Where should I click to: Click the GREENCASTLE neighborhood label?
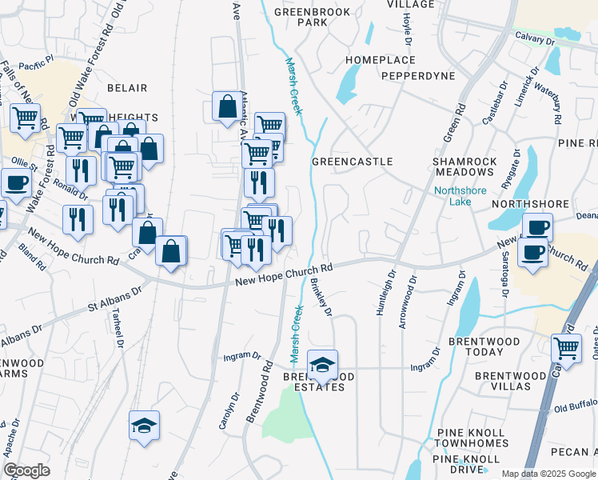click(352, 162)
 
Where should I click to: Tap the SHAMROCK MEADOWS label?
click(464, 167)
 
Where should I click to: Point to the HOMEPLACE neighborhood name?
click(381, 60)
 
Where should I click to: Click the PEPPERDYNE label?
click(418, 76)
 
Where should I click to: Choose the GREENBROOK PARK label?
click(301, 18)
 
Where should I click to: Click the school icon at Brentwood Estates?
click(322, 365)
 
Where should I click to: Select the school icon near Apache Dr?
click(145, 426)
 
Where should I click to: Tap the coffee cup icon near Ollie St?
click(16, 182)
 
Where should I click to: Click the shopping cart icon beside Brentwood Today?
click(566, 348)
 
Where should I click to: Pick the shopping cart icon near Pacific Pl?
click(26, 118)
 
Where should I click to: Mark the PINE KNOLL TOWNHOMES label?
click(472, 438)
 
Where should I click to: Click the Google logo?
click(26, 470)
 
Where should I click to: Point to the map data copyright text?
click(549, 474)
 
